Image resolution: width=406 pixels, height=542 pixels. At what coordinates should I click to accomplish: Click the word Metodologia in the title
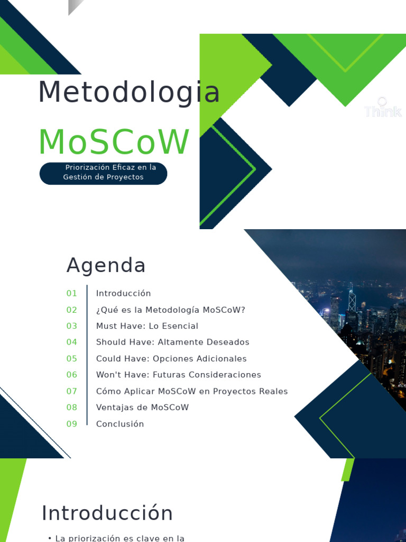(129, 92)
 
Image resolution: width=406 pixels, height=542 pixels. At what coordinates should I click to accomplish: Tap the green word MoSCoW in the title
(114, 142)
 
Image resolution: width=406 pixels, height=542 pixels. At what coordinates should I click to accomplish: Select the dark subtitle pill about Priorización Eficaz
(103, 173)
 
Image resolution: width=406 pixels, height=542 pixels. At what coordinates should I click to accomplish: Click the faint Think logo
(383, 107)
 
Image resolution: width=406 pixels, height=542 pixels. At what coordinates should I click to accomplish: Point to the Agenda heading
(106, 266)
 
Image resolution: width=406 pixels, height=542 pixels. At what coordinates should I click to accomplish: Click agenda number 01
(71, 293)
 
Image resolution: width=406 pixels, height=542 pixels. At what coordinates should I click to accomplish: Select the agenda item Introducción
(123, 293)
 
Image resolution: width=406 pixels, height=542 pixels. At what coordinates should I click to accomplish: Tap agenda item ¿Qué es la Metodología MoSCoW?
(171, 310)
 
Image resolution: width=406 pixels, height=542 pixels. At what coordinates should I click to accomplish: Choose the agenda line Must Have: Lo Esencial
(147, 326)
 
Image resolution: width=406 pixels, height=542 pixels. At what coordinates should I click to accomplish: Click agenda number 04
(71, 342)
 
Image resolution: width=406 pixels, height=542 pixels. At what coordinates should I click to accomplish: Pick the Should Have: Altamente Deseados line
(173, 342)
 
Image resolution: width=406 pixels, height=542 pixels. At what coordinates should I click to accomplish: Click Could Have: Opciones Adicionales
(171, 358)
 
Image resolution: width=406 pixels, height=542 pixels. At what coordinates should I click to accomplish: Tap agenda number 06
(71, 374)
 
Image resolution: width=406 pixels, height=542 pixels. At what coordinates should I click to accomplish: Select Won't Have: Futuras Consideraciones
(179, 374)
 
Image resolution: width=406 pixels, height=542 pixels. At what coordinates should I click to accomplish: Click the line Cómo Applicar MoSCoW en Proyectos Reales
(192, 391)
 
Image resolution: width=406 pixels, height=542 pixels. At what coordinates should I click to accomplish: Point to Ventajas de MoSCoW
(142, 407)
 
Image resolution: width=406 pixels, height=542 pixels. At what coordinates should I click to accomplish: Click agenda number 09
(71, 424)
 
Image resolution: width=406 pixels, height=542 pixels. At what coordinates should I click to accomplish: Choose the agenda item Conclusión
(120, 424)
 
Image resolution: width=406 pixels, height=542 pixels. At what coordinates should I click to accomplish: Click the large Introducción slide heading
(107, 513)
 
